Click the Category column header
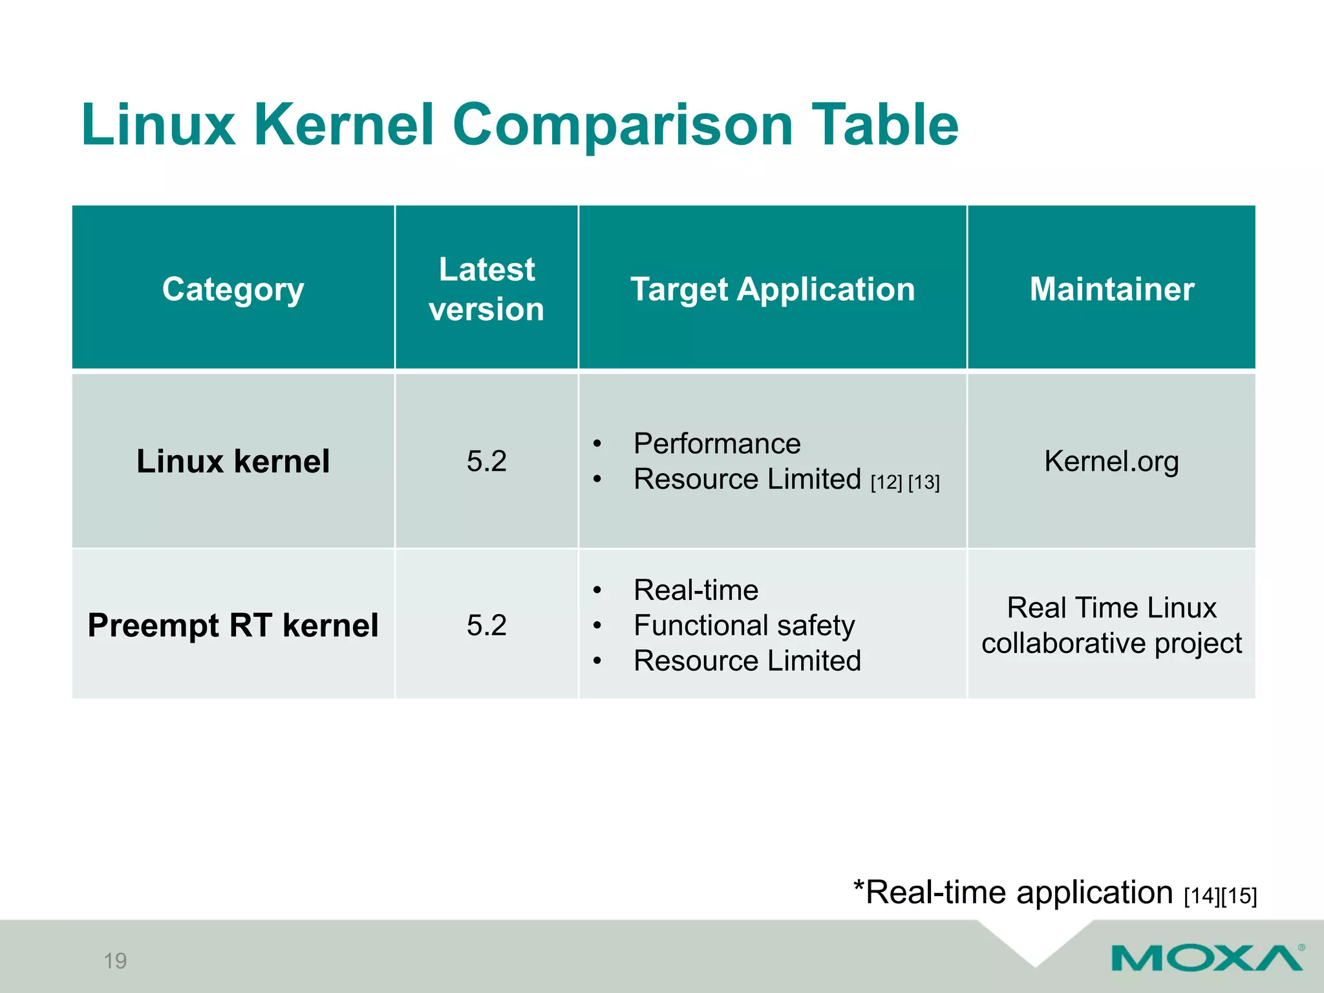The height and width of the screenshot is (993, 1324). point(233,289)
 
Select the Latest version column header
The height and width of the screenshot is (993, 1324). point(486,289)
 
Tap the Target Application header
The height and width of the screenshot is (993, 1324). point(773,289)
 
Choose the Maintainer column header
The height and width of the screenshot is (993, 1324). point(1111,289)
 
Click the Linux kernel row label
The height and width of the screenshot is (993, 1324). point(233,462)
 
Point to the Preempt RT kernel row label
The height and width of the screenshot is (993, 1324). point(233,625)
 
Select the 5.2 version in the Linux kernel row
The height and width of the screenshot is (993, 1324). point(486,462)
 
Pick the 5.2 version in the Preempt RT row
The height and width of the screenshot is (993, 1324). point(486,625)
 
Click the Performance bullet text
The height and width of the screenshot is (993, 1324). point(717,444)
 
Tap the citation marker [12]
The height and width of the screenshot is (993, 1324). point(886,482)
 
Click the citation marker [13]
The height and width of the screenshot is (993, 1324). point(924,482)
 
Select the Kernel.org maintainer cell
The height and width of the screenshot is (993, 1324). point(1111,462)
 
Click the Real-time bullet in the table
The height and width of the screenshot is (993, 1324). point(696,590)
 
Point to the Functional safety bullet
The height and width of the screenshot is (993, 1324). point(744,625)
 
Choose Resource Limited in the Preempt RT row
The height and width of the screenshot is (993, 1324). point(747,661)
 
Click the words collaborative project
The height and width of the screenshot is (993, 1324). point(1111,643)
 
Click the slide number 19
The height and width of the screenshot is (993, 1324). point(115,961)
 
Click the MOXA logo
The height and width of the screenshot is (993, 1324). point(1206,957)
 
